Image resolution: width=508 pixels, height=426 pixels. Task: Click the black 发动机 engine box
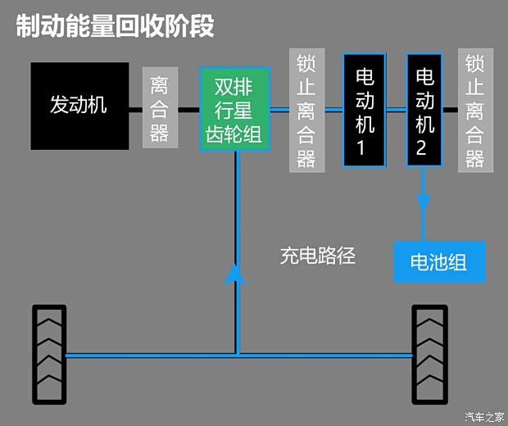(79, 106)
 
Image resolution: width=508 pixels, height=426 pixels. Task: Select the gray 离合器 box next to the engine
(159, 107)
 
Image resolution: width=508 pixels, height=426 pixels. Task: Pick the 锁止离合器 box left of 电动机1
(306, 110)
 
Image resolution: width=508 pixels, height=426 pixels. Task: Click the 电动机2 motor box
(424, 109)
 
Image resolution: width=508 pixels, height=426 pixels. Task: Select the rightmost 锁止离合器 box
(475, 110)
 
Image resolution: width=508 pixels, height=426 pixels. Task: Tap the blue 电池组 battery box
(438, 262)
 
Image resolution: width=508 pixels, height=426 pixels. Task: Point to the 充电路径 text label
(318, 256)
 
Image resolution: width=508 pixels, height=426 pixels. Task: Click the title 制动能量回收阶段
(115, 26)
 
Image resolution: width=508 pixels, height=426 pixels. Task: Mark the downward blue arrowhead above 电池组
(424, 202)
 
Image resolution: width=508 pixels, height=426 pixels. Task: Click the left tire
(48, 354)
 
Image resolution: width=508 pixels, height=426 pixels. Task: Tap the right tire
(430, 354)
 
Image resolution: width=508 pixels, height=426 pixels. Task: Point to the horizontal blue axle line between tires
(238, 355)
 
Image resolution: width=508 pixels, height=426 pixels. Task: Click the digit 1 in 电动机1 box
(365, 148)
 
